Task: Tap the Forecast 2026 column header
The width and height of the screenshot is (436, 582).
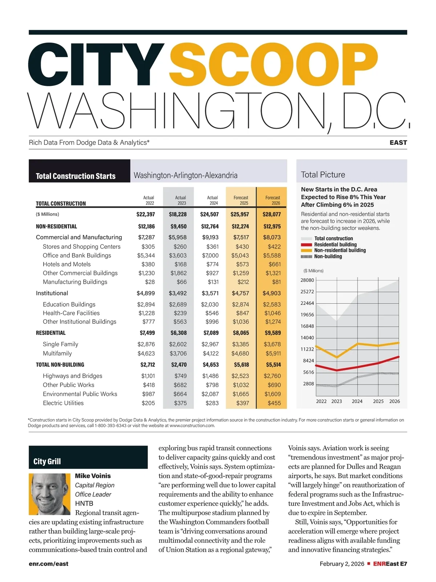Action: click(x=272, y=200)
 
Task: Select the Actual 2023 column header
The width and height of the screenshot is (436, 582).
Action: click(x=181, y=200)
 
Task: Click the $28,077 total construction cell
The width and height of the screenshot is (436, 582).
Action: click(x=272, y=214)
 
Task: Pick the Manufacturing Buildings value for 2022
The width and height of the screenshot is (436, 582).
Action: click(x=150, y=282)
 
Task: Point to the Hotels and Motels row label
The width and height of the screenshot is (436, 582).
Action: click(x=66, y=264)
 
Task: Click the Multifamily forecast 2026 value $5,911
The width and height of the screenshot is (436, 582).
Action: click(x=273, y=353)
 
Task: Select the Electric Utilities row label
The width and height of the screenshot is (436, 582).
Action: click(x=63, y=403)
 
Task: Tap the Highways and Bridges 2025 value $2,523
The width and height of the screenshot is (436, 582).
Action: click(x=240, y=376)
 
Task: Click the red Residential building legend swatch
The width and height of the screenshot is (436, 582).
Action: click(x=306, y=245)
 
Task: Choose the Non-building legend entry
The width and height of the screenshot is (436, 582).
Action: click(x=328, y=256)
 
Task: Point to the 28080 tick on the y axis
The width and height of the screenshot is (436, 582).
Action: click(x=307, y=280)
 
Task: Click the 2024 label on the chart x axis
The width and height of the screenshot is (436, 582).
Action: click(x=357, y=401)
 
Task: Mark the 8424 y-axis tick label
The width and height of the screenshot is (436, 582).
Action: click(x=308, y=360)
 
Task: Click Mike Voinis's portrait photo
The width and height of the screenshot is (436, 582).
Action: click(x=49, y=494)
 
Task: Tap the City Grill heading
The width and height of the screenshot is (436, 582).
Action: click(x=47, y=462)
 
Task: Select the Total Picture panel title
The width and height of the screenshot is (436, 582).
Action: click(x=323, y=175)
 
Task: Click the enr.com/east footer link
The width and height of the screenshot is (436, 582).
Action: click(x=49, y=564)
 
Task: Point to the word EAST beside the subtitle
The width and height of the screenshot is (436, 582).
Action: click(x=398, y=143)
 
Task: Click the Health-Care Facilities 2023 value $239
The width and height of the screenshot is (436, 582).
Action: click(x=180, y=313)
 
